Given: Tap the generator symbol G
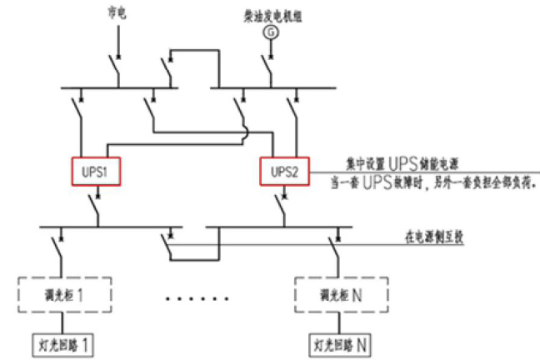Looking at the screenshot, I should pyautogui.click(x=269, y=32).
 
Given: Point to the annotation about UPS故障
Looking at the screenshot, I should pyautogui.click(x=442, y=181).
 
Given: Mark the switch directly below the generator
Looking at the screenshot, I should pyautogui.click(x=267, y=67).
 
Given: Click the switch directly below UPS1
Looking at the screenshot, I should pyautogui.click(x=97, y=206).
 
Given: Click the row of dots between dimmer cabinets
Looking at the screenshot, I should pyautogui.click(x=197, y=297).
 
